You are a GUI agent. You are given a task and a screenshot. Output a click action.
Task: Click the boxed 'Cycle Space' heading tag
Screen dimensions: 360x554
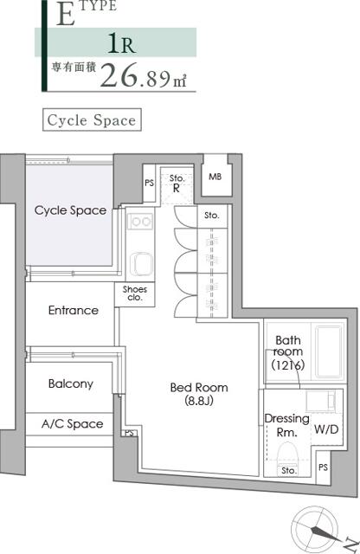point(92,120)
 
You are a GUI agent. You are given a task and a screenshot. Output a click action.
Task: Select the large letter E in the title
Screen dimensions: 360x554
point(66,15)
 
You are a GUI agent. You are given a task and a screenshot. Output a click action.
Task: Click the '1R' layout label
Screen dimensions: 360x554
point(121,43)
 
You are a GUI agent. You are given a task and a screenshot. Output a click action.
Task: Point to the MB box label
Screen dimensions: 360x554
point(215,177)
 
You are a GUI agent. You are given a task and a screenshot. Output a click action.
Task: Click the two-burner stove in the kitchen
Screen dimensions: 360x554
point(140,222)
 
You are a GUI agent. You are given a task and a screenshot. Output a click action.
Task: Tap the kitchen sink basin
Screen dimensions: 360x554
point(140,263)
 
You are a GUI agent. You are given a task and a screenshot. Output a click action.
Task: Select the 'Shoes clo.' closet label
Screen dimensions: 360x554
point(135,293)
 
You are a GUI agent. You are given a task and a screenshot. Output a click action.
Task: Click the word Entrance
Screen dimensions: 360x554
point(74,310)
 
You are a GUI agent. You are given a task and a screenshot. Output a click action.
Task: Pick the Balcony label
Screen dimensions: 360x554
point(71,383)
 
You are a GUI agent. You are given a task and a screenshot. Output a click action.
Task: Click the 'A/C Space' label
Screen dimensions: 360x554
point(73,423)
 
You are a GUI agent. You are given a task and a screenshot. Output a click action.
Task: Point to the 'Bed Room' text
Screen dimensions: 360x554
point(199,388)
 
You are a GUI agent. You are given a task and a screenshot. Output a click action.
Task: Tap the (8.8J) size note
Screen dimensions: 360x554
point(199,401)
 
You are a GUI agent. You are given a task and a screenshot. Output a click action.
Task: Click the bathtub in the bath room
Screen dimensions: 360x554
point(329,352)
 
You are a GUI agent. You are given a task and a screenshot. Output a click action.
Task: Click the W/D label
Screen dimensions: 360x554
point(326,429)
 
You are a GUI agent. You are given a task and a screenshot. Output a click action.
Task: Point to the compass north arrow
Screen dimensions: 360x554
point(325,534)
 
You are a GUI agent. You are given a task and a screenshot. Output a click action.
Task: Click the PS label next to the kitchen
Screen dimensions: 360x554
point(149,183)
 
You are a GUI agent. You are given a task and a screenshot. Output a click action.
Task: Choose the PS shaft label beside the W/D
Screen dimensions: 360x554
point(323,467)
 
